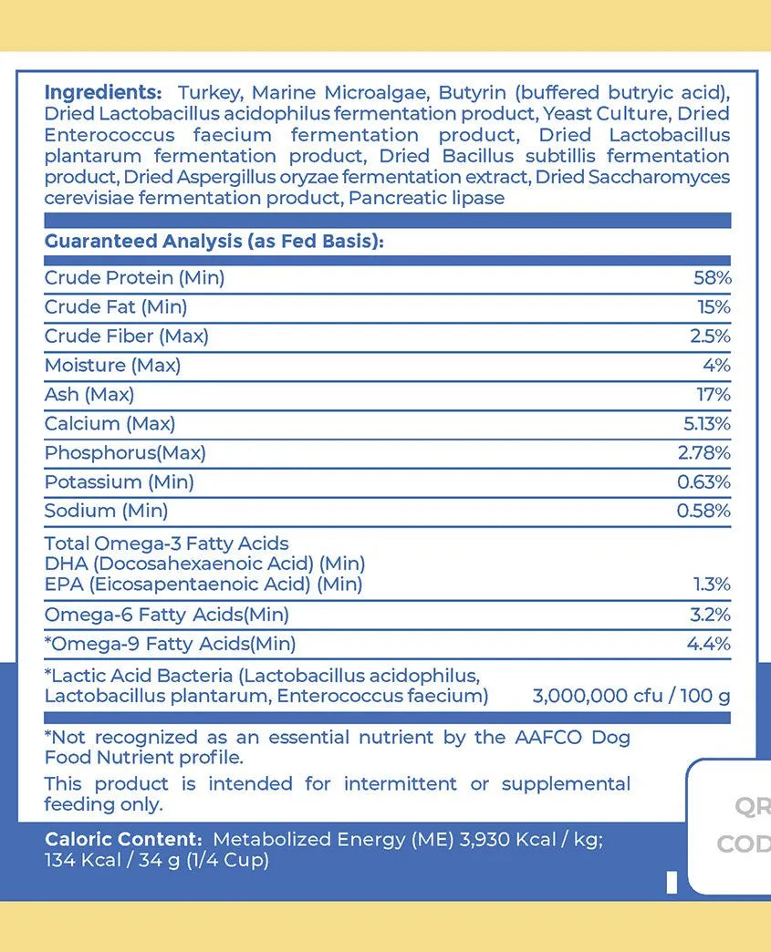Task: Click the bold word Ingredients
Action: (102, 93)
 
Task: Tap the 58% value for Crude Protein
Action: (712, 278)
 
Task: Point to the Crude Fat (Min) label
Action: (116, 307)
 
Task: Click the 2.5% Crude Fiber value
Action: (710, 336)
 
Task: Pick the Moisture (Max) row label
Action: (112, 366)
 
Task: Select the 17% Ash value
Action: (714, 395)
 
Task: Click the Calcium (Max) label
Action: (109, 424)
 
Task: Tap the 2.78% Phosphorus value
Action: (704, 453)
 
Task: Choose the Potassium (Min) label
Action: (119, 482)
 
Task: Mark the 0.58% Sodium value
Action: (703, 512)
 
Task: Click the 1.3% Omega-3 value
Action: (712, 585)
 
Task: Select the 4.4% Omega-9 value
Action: (708, 645)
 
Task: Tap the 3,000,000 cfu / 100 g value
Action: (631, 697)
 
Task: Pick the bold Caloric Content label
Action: (122, 840)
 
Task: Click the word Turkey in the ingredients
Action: (209, 93)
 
